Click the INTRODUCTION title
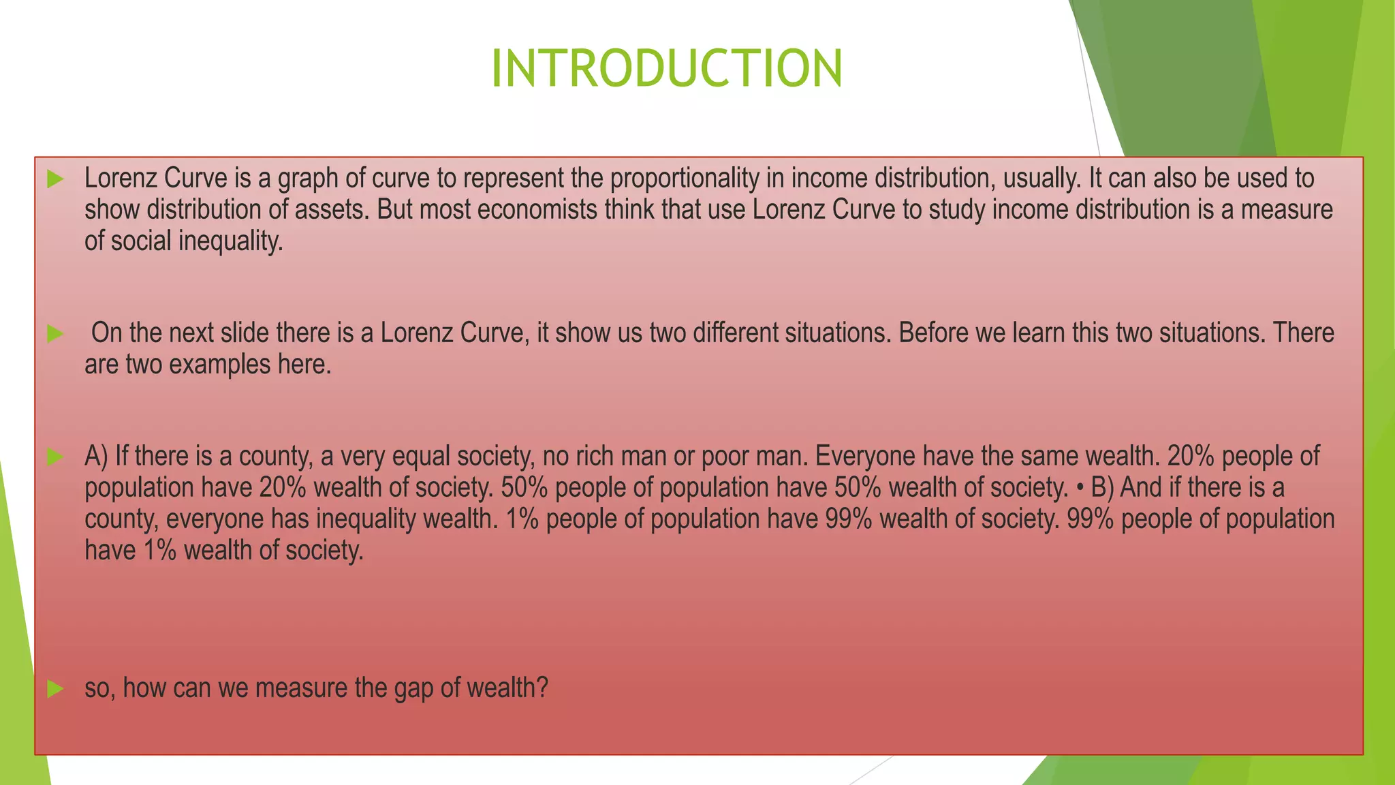[x=666, y=69]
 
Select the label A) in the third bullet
[x=96, y=456]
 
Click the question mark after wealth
[x=542, y=688]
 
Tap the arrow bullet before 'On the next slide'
[x=55, y=334]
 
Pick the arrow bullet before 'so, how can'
[x=55, y=689]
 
